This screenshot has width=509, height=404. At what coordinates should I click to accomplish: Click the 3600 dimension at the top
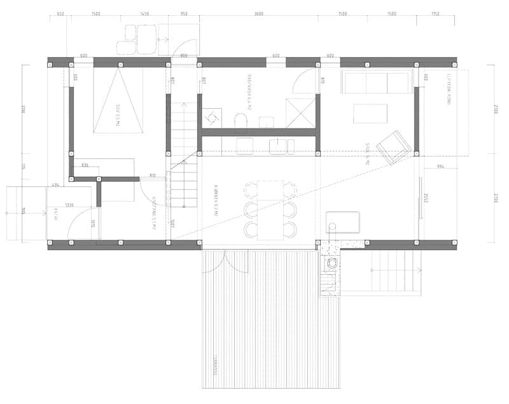259,13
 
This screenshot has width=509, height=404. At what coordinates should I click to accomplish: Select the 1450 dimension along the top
144,13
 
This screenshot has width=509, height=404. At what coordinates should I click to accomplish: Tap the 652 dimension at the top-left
60,13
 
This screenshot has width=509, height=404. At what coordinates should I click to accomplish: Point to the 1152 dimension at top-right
435,13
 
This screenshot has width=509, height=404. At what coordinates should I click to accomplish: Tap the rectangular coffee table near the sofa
371,113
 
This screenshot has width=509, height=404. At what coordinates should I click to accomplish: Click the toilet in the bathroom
241,120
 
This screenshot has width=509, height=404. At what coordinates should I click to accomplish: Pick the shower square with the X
300,113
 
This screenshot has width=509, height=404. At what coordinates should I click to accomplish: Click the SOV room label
118,115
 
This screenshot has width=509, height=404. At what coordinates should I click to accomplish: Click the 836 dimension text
85,165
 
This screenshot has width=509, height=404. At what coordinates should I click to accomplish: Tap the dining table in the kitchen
270,209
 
